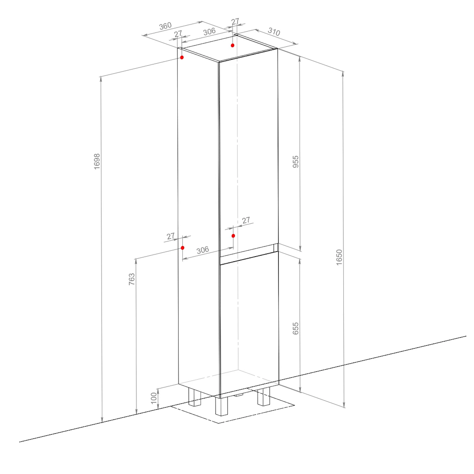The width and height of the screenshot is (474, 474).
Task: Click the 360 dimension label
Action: (165, 26)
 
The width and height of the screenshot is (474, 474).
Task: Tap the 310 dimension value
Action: (274, 32)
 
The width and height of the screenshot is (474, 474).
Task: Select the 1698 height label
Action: (97, 161)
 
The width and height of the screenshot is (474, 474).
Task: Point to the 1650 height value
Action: (339, 257)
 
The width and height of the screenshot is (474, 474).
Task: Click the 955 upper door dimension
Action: (295, 161)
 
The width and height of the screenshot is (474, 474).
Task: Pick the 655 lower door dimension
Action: (295, 329)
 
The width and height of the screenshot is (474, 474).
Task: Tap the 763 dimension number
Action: (132, 279)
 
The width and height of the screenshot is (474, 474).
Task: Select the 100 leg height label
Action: (154, 398)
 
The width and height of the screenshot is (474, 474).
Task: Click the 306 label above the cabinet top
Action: (209, 32)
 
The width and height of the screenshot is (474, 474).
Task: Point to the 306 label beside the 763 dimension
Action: (203, 250)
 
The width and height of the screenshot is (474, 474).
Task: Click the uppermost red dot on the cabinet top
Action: (233, 46)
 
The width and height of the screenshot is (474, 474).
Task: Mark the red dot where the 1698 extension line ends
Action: (182, 58)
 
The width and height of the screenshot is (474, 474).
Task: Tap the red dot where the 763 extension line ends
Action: (183, 248)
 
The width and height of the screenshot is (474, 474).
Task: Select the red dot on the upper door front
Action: (233, 236)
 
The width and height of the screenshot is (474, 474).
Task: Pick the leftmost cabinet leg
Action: (195, 398)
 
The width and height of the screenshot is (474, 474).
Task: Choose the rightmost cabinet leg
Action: (264, 396)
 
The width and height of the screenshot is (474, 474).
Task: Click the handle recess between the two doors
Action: (249, 254)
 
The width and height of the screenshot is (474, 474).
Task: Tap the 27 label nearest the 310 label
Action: (235, 21)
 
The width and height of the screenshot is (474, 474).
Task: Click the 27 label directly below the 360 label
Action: (178, 33)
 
